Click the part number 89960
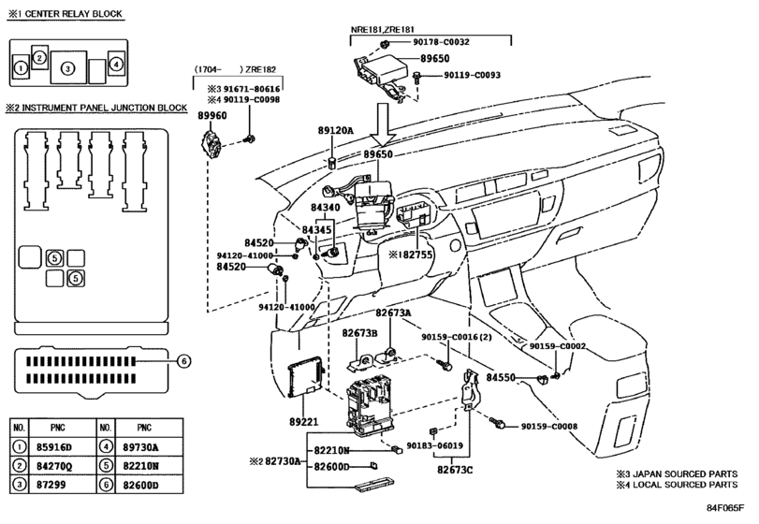tap(212, 116)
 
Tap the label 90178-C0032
tap(441, 42)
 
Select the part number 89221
tap(304, 422)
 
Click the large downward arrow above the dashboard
tap(384, 124)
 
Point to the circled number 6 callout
tap(183, 361)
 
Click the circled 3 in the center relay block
tap(67, 68)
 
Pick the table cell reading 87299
tap(51, 485)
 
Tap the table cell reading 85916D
tap(53, 447)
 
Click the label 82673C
tap(455, 470)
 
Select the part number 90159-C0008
tap(549, 427)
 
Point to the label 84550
tap(501, 377)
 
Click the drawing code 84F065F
tap(724, 507)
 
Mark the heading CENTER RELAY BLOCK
tap(74, 13)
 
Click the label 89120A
tap(335, 130)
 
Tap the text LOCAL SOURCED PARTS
tap(685, 485)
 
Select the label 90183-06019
tap(434, 445)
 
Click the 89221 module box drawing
tap(305, 376)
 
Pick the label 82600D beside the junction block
tap(331, 466)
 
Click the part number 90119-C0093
tap(472, 75)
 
